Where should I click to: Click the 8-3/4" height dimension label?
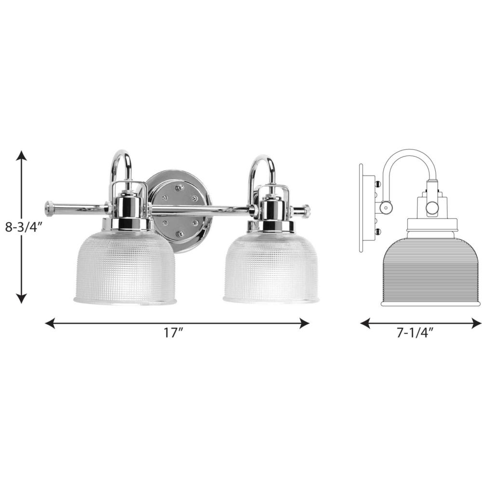click(x=23, y=228)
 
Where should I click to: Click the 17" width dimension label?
click(x=174, y=333)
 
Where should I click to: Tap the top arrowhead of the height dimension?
click(x=21, y=156)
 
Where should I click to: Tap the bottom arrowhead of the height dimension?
click(x=21, y=298)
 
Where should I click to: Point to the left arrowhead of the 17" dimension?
click(x=50, y=323)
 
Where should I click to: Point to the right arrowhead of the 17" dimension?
click(x=304, y=323)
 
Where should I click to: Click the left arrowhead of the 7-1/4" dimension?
click(x=365, y=323)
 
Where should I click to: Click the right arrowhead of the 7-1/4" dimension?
click(x=476, y=323)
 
